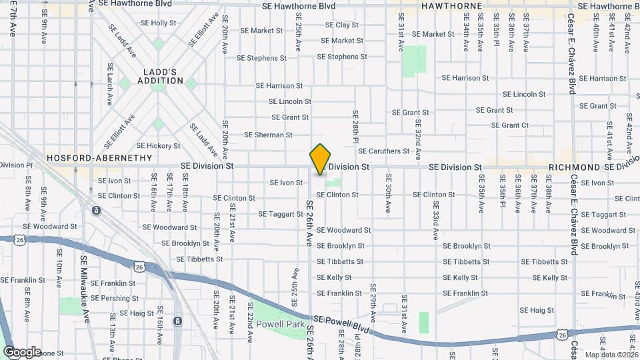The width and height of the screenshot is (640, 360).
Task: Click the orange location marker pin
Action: (321, 159)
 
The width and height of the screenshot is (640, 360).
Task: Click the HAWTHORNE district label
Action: (451, 6)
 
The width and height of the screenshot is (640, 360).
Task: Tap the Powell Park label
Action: (280, 325)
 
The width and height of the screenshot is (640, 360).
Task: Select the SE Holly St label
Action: (158, 23)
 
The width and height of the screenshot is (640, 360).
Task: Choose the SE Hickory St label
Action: (158, 146)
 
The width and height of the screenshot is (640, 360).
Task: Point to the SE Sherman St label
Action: (268, 135)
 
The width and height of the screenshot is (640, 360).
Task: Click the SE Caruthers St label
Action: (387, 151)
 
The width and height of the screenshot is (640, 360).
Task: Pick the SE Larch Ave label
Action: (111, 84)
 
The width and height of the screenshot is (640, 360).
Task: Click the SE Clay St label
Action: (341, 25)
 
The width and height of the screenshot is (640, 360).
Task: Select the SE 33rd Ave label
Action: (435, 225)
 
